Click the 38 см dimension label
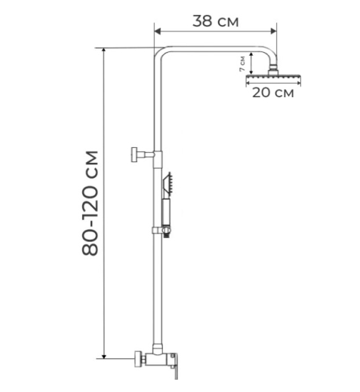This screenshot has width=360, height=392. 215,21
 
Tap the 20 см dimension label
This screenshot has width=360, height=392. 273,93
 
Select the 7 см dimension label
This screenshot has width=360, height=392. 242,64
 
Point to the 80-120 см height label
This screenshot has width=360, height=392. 90,203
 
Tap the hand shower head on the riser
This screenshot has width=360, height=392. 168,185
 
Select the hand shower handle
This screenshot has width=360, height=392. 166,212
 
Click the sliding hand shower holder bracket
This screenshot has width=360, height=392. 162,231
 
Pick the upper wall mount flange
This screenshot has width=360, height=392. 134,155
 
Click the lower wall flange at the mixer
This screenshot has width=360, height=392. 137,360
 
